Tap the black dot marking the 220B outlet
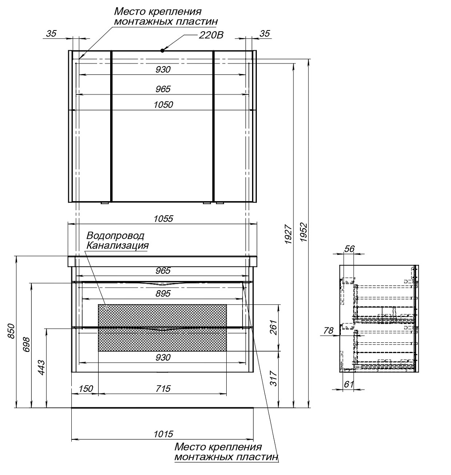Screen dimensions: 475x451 coord(163,50)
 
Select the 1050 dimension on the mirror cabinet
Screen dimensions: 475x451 coord(163,104)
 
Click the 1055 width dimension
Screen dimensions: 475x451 coord(163,218)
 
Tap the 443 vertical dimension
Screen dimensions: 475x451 coord(41,368)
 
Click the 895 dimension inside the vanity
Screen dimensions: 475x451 coord(163,293)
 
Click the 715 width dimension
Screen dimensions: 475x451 coord(162,389)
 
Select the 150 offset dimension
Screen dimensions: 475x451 coord(86,389)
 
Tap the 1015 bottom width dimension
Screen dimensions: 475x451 coord(163,434)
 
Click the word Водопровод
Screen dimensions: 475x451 coord(115,236)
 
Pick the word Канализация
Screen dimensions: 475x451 coord(117,245)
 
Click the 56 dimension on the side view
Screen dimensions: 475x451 coord(349,249)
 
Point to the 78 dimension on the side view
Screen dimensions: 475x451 coord(328,331)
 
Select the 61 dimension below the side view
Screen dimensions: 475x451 coord(348,383)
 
